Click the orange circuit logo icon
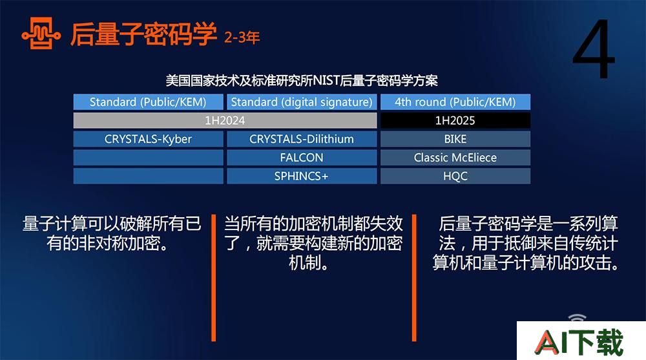point(41,34)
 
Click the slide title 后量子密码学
point(143,34)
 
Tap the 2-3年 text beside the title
point(242,37)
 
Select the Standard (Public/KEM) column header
point(149,102)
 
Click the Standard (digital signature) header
point(302,102)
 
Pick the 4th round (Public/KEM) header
point(455,102)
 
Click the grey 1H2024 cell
point(225,120)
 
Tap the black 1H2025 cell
point(455,120)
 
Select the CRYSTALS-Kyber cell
point(149,139)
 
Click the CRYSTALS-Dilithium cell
point(302,139)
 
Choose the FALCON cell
point(302,158)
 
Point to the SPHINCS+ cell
point(302,176)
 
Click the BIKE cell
point(455,139)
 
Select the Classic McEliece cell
point(455,158)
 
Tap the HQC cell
point(455,176)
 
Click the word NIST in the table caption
point(326,80)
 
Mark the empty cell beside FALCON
point(149,158)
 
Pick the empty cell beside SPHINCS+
point(149,176)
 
